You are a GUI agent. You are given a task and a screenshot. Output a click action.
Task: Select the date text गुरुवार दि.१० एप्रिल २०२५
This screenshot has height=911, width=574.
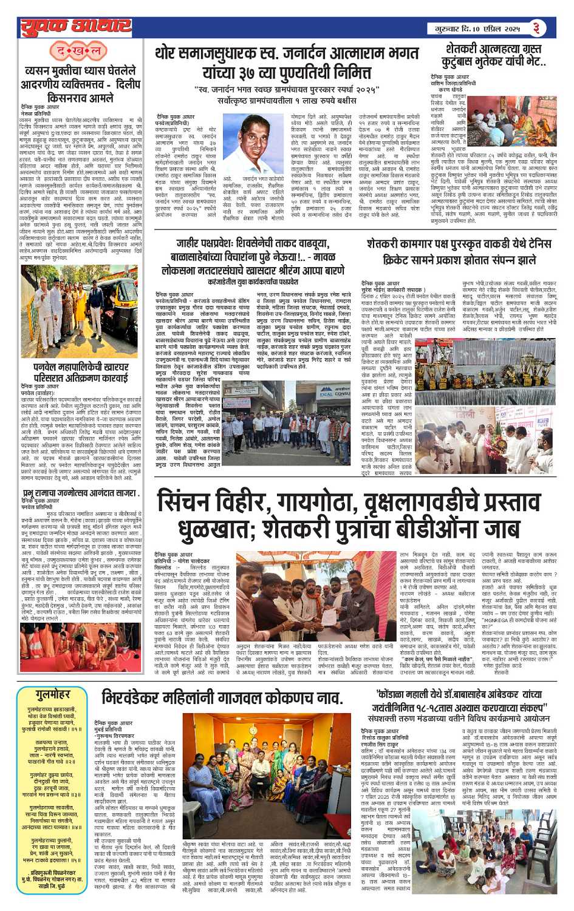(x=476, y=29)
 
